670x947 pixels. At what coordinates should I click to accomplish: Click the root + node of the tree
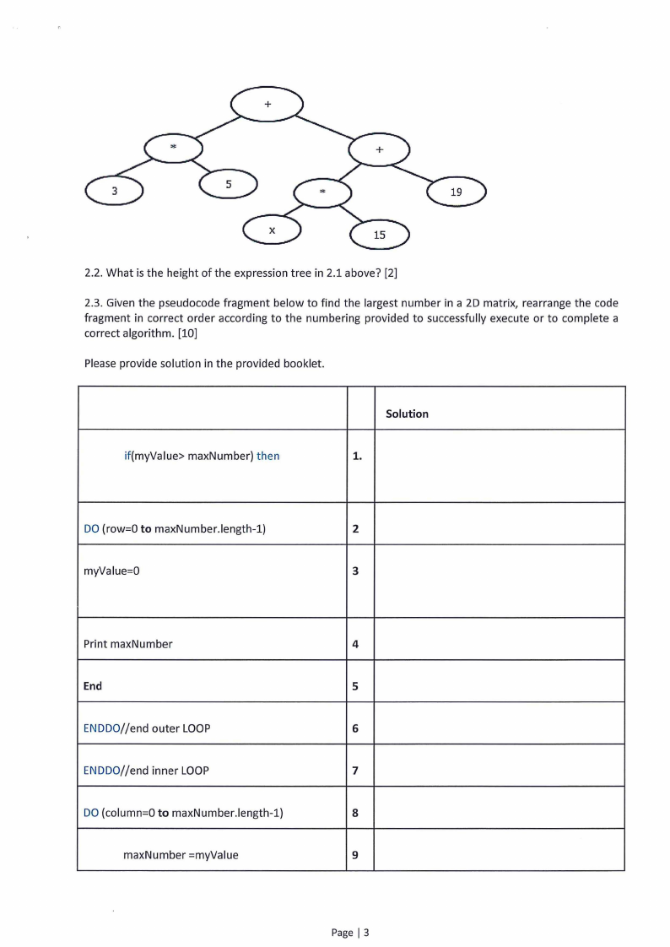pyautogui.click(x=267, y=105)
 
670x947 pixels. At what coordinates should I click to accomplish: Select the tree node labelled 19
pyautogui.click(x=456, y=192)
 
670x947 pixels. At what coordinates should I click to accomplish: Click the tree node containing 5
pyautogui.click(x=228, y=183)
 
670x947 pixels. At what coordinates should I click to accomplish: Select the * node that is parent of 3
pyautogui.click(x=173, y=148)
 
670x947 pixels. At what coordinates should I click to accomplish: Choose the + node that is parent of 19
pyautogui.click(x=379, y=150)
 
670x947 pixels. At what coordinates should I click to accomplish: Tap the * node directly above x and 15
pyautogui.click(x=321, y=192)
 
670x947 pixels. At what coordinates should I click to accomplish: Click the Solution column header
pyautogui.click(x=407, y=414)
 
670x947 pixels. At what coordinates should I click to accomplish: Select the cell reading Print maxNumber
pyautogui.click(x=128, y=644)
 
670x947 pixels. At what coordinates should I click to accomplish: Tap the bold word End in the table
pyautogui.click(x=93, y=686)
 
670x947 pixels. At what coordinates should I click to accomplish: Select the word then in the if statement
pyautogui.click(x=267, y=456)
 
